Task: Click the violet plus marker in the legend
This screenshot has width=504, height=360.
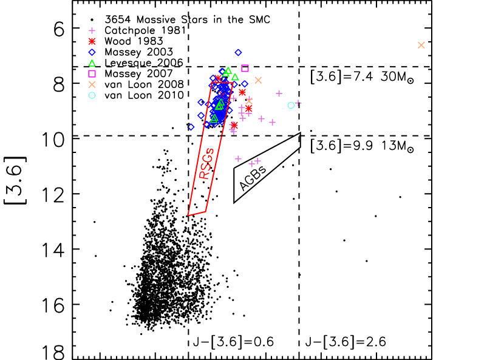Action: [x=92, y=30]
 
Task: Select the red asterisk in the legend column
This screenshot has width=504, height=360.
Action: [x=92, y=41]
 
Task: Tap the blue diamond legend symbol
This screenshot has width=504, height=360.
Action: [x=92, y=52]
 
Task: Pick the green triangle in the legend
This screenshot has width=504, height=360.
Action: [x=92, y=63]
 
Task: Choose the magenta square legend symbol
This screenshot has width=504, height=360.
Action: [x=92, y=73]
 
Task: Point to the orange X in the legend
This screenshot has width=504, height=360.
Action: [x=92, y=84]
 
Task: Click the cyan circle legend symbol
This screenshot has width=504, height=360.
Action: [x=92, y=95]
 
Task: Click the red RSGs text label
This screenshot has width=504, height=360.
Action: [x=206, y=163]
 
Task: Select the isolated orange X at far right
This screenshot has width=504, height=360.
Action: [x=421, y=45]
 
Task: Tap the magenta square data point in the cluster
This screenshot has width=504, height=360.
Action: [x=245, y=68]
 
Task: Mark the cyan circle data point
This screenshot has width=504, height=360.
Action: [x=291, y=105]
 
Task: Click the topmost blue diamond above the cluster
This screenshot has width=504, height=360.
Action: [x=238, y=52]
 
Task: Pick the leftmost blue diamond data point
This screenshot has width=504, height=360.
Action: [x=191, y=127]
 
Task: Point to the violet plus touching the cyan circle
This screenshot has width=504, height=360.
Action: [x=298, y=103]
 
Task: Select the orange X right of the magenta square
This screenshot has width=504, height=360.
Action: [x=258, y=80]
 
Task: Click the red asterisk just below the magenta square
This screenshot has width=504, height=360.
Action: [x=242, y=92]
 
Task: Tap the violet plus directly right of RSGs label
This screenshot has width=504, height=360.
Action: [x=238, y=158]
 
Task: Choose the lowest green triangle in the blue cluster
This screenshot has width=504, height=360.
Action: [x=214, y=118]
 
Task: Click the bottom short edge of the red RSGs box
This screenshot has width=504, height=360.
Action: [x=196, y=213]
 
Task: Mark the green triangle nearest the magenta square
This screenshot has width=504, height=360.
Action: [x=235, y=77]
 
